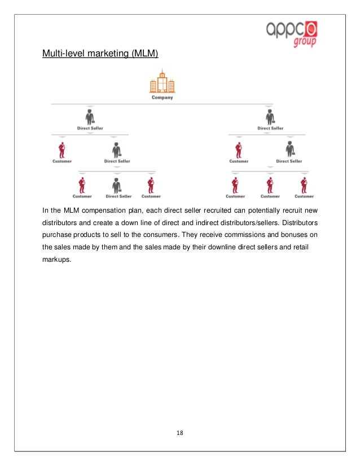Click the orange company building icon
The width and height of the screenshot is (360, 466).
[162, 81]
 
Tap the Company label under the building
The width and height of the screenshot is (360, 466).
[162, 98]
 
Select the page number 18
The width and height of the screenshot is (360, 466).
[179, 433]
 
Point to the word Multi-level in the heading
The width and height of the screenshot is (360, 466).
[62, 54]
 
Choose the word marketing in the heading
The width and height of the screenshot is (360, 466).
[104, 54]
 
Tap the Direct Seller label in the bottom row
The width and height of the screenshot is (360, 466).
[118, 196]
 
